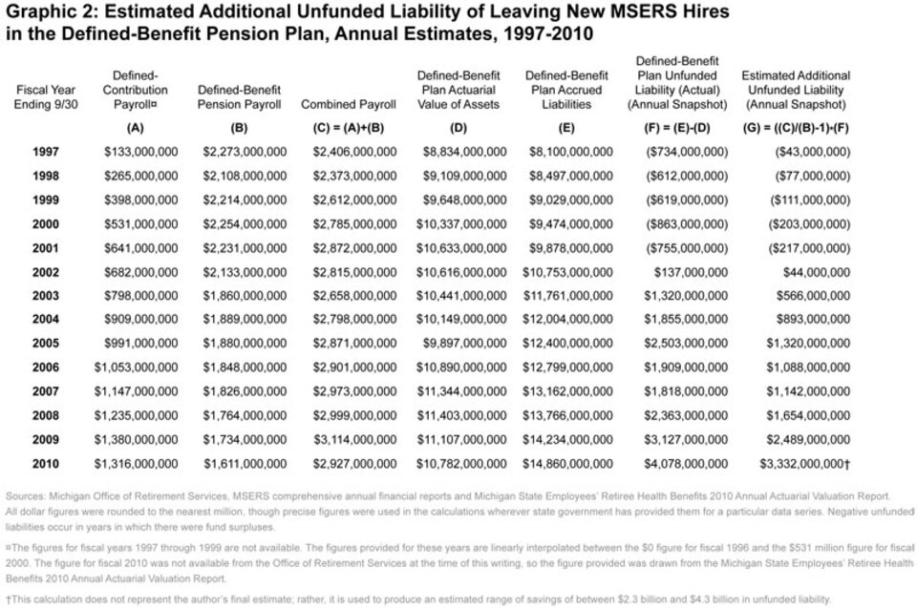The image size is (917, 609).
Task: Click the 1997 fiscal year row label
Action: [x=46, y=152]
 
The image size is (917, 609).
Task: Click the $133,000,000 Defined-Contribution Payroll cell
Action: [x=140, y=152]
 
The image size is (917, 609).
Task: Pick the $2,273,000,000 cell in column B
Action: [x=244, y=152]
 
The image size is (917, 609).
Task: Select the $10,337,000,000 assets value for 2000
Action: [x=464, y=224]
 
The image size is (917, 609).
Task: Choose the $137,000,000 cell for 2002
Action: [x=687, y=272]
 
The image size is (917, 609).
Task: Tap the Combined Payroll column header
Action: [x=348, y=104]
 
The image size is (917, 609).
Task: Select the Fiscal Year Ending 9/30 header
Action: [x=46, y=96]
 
